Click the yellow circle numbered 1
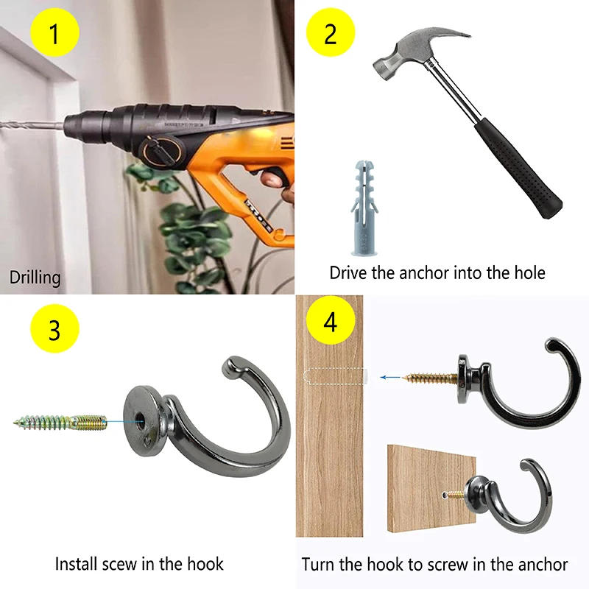click(54, 32)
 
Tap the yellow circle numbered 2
click(331, 32)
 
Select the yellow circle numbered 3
click(54, 328)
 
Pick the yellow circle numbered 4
click(331, 320)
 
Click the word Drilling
click(35, 278)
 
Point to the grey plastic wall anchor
click(364, 208)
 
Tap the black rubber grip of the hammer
click(518, 169)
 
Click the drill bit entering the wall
click(32, 124)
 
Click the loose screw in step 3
click(60, 422)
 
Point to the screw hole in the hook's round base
click(140, 417)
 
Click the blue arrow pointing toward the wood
click(391, 377)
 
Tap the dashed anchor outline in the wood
click(334, 376)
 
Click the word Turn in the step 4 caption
click(317, 565)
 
